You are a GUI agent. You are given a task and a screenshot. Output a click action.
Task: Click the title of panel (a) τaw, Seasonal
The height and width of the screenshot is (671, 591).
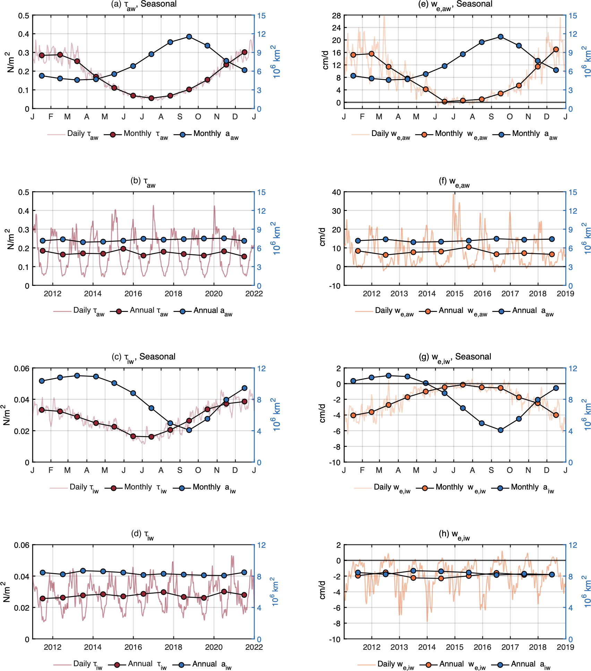click(x=144, y=5)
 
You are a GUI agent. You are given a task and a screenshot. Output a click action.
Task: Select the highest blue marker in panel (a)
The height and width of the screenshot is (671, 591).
click(x=189, y=36)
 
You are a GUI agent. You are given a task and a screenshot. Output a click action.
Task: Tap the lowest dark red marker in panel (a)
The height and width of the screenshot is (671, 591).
click(x=151, y=98)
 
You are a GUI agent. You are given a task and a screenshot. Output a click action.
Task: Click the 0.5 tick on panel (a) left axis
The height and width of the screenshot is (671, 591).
click(x=24, y=16)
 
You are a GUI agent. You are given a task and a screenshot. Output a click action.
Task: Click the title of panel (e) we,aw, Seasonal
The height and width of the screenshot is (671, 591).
click(x=455, y=5)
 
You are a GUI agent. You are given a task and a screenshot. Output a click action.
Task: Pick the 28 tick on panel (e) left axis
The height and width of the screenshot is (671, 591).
click(x=336, y=16)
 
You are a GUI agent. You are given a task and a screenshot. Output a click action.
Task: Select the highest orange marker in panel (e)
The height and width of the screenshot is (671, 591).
click(x=556, y=49)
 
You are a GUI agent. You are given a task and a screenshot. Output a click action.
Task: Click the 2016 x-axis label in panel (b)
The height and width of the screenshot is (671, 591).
click(x=133, y=294)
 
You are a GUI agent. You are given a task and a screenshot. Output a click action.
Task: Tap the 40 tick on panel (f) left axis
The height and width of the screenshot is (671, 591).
click(x=336, y=192)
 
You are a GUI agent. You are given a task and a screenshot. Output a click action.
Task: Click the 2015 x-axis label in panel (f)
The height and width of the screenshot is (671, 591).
click(x=454, y=294)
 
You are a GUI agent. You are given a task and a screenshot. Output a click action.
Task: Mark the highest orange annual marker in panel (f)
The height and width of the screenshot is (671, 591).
click(x=469, y=247)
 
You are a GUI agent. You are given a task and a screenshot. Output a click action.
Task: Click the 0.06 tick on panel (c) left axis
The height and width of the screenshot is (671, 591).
click(x=22, y=368)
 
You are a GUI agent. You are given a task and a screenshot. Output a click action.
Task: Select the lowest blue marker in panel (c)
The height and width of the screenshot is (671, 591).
click(x=189, y=430)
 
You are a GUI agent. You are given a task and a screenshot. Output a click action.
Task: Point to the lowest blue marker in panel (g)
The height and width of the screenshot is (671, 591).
click(x=500, y=430)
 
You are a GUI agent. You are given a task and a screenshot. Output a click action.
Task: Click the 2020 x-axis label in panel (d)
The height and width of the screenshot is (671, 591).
click(x=214, y=647)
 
